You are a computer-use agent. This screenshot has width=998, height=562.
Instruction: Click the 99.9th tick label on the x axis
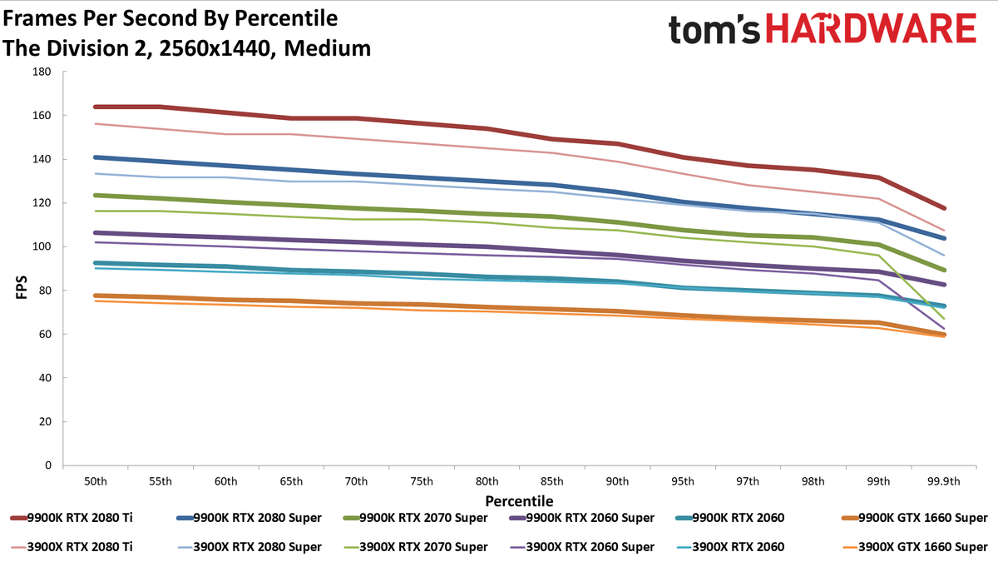(944, 481)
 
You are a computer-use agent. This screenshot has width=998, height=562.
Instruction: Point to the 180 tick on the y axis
(42, 72)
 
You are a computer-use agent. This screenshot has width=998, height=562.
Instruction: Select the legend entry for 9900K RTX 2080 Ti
(72, 518)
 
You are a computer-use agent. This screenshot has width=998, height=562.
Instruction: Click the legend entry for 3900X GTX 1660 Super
(915, 547)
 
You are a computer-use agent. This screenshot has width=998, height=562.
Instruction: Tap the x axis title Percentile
(519, 501)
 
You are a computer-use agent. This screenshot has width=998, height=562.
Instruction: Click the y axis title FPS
(22, 287)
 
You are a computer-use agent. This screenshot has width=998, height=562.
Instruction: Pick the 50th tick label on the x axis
(96, 481)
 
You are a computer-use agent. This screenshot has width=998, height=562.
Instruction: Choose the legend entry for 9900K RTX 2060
(731, 518)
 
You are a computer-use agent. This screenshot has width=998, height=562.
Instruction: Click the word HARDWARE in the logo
(872, 28)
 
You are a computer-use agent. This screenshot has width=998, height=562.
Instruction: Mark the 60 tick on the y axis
(46, 334)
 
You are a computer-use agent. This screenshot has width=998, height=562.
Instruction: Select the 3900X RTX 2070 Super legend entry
(415, 547)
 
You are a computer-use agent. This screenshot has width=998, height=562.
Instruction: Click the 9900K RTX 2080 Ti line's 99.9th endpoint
(944, 208)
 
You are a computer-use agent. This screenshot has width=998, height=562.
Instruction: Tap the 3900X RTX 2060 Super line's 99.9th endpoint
(944, 329)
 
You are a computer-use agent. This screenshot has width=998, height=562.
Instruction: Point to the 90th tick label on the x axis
(617, 481)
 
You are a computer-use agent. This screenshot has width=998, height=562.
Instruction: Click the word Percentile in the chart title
(286, 18)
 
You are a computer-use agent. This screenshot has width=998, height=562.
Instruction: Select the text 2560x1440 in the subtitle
(214, 48)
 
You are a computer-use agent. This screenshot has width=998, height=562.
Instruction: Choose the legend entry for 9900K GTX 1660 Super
(915, 518)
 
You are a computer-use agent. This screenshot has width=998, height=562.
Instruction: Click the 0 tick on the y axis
(48, 465)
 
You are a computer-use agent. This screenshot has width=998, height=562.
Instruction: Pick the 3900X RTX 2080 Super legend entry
(249, 547)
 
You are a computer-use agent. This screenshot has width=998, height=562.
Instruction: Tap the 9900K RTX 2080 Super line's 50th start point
(96, 157)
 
